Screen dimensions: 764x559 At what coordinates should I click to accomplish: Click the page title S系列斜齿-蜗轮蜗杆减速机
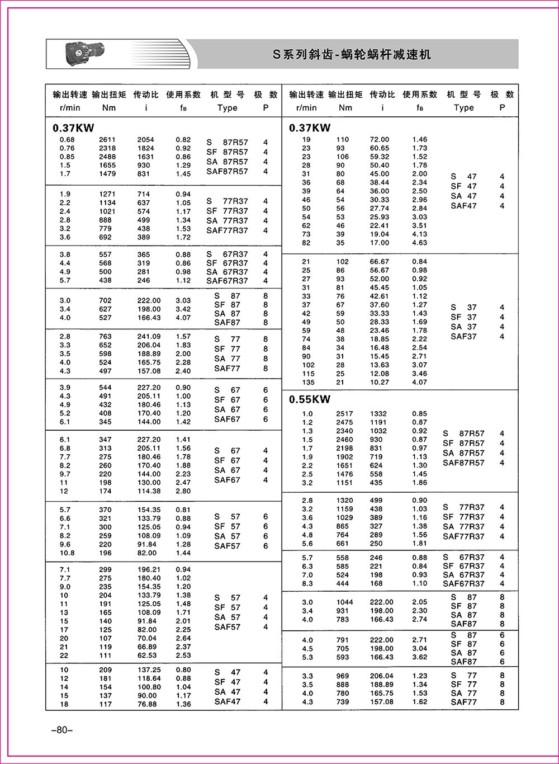352,55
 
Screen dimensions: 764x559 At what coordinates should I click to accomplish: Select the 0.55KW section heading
310,399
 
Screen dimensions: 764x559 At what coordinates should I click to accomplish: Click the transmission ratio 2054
146,140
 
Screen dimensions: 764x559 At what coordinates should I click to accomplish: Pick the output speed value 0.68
67,140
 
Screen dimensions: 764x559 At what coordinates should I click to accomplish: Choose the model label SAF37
463,337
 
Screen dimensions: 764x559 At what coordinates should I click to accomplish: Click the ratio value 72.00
380,140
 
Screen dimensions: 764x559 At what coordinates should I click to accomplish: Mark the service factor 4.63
419,243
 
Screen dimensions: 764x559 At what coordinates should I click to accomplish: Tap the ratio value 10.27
380,383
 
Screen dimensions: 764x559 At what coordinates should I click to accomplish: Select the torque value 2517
344,414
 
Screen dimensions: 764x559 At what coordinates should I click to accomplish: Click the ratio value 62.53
147,655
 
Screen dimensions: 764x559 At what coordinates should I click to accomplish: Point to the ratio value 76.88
147,704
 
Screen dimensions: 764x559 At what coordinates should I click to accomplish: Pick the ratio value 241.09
149,337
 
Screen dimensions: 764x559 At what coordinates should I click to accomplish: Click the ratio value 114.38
149,491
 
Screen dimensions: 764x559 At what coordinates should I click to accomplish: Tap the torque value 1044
344,602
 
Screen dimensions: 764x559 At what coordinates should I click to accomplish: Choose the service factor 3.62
419,657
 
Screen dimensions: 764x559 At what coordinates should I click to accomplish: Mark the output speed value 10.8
67,553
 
